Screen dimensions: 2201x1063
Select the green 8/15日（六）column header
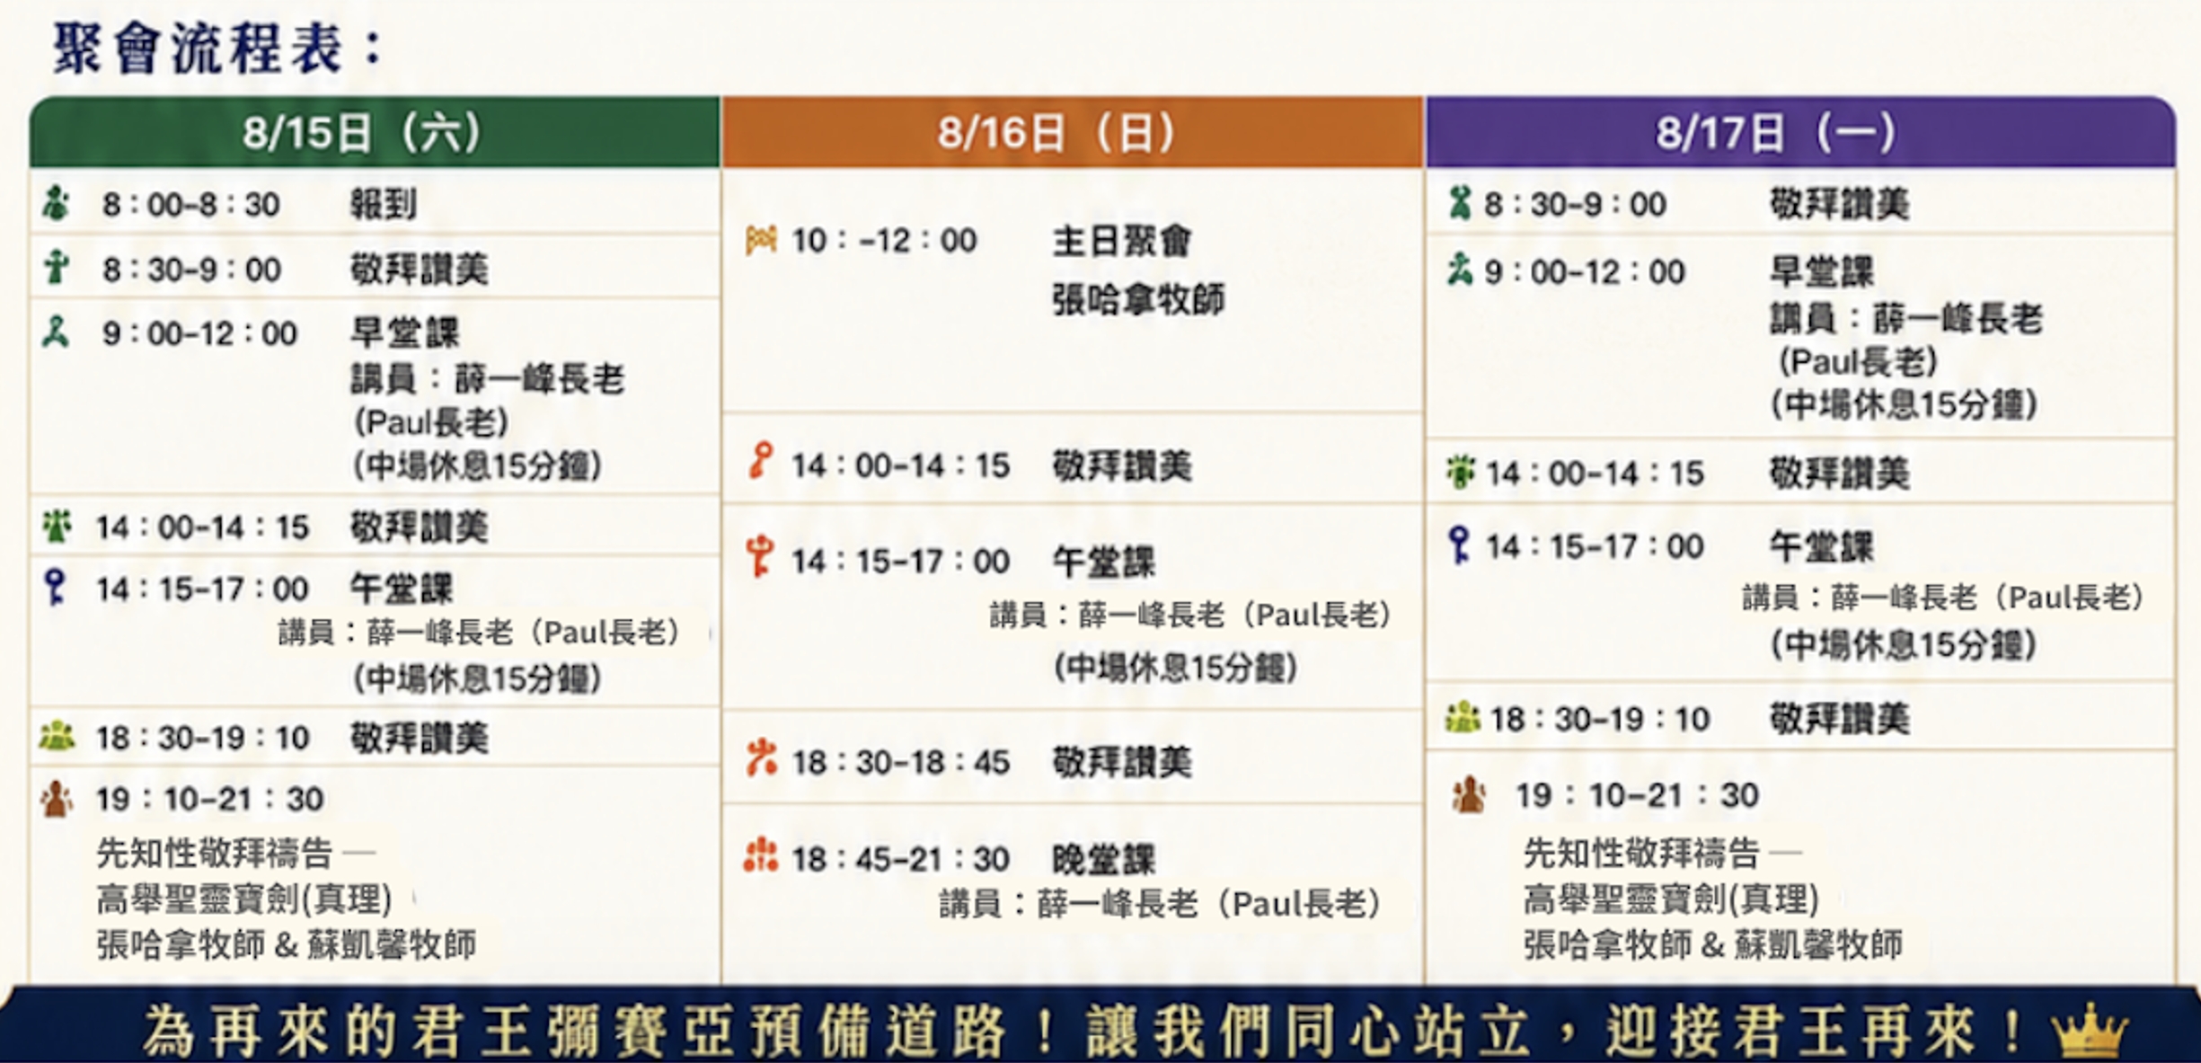(x=375, y=133)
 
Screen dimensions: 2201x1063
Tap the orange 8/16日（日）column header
(x=1073, y=133)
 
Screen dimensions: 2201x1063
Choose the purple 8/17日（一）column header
(x=1800, y=133)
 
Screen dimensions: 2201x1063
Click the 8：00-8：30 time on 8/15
(x=190, y=205)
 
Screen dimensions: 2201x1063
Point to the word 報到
(x=384, y=205)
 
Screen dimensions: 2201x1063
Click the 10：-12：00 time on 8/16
(x=884, y=241)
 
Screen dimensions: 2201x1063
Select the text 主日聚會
(x=1122, y=241)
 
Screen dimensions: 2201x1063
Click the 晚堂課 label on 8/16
(x=1104, y=860)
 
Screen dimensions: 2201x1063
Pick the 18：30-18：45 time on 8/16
(x=900, y=763)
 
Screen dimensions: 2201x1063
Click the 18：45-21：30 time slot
(x=900, y=860)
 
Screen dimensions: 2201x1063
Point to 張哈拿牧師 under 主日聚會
(x=1138, y=300)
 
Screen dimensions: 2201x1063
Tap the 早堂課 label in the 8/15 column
(x=404, y=333)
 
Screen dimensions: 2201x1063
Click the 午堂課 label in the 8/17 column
(x=1822, y=546)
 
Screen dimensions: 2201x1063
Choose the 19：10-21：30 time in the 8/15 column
(x=209, y=799)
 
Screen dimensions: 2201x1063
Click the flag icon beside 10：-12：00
(x=761, y=240)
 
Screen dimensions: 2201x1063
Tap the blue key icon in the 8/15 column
(x=55, y=587)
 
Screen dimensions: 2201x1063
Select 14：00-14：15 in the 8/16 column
(x=900, y=465)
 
